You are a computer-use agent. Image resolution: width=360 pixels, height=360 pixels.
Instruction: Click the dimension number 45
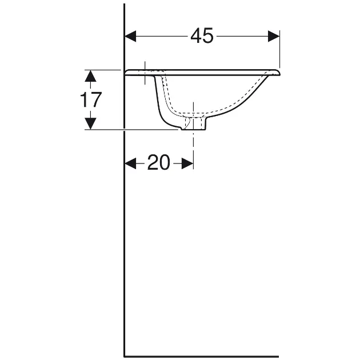tap(202, 36)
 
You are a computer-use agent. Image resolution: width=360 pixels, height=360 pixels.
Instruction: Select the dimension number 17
tap(91, 99)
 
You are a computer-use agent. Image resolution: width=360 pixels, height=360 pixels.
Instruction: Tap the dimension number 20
tap(159, 162)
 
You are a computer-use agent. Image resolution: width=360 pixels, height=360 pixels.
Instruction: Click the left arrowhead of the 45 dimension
tap(130, 36)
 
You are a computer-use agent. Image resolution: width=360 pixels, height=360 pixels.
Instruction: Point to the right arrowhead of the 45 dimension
tap(274, 36)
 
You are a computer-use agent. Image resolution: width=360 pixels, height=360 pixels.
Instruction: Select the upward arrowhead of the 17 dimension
tap(90, 76)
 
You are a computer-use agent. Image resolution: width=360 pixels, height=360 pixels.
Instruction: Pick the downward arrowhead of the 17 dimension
tap(90, 123)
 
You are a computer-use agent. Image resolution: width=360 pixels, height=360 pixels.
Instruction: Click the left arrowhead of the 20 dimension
tap(130, 163)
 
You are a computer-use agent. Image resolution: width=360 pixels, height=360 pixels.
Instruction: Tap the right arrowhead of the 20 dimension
tap(187, 163)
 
